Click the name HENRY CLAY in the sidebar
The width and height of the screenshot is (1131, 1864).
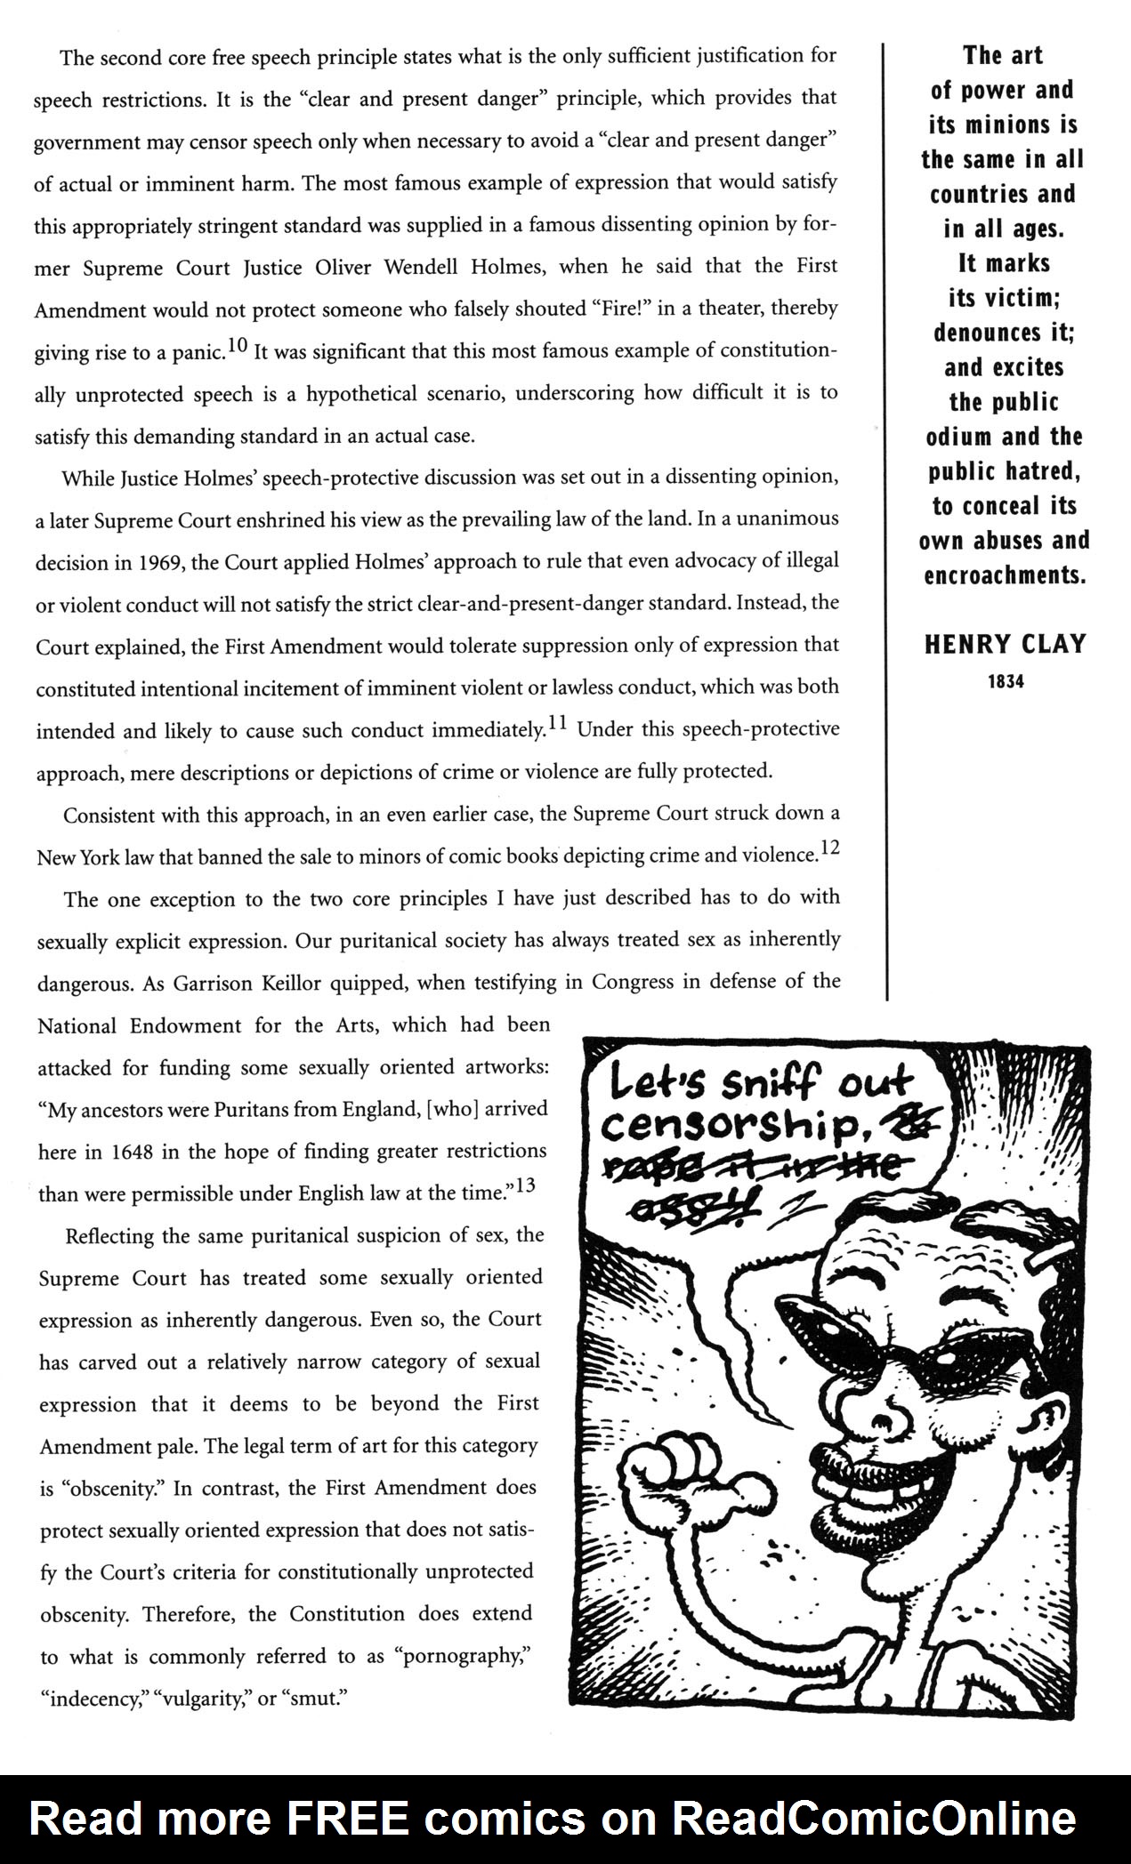pos(1005,644)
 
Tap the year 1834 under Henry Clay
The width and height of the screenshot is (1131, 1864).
pos(1005,683)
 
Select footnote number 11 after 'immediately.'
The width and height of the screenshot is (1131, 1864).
pos(557,725)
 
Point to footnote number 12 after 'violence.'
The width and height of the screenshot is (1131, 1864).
pos(829,849)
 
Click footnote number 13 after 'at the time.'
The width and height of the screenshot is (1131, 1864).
pos(525,1185)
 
